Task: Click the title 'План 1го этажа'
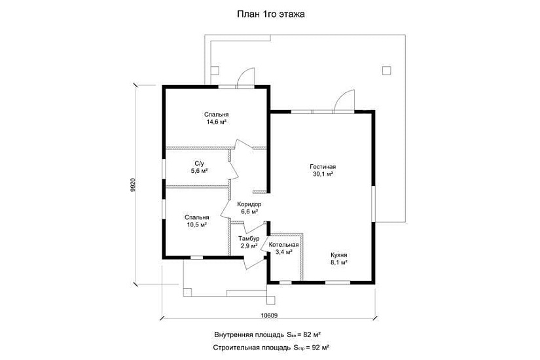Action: point(271,14)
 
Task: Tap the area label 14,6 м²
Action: point(216,122)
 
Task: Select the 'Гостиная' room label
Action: point(323,167)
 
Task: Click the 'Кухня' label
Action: point(339,255)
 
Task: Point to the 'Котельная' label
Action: point(284,245)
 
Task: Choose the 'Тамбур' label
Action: point(249,239)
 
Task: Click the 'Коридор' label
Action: point(249,205)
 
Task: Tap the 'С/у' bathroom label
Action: point(200,164)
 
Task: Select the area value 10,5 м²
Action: point(196,225)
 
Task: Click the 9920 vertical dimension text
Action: point(134,185)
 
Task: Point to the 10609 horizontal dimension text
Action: point(269,315)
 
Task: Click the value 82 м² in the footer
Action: point(312,335)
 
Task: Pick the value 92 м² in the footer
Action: point(320,348)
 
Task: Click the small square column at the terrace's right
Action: point(387,70)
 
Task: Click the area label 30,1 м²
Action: point(323,174)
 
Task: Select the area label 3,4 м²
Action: point(284,252)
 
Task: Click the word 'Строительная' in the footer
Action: point(235,348)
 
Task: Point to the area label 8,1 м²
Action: point(339,262)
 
